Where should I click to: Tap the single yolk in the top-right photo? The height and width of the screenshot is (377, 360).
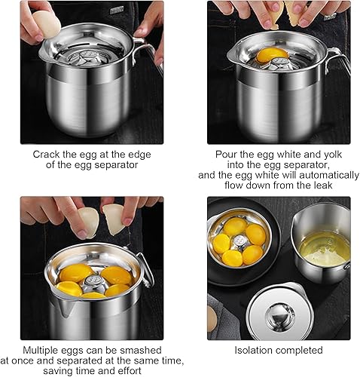click(x=273, y=57)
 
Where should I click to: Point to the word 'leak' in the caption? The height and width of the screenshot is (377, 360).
click(x=323, y=185)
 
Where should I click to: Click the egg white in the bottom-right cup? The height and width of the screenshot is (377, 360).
click(x=325, y=249)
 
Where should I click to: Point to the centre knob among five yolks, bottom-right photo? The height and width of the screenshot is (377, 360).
click(x=239, y=242)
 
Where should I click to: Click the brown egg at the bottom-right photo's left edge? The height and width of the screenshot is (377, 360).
click(x=212, y=318)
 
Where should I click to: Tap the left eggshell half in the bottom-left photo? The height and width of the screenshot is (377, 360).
click(x=88, y=222)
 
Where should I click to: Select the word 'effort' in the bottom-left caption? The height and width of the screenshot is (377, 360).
click(x=130, y=371)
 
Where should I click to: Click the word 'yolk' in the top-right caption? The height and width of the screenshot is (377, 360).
click(x=333, y=155)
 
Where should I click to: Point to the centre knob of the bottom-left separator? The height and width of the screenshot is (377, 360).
click(x=93, y=284)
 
